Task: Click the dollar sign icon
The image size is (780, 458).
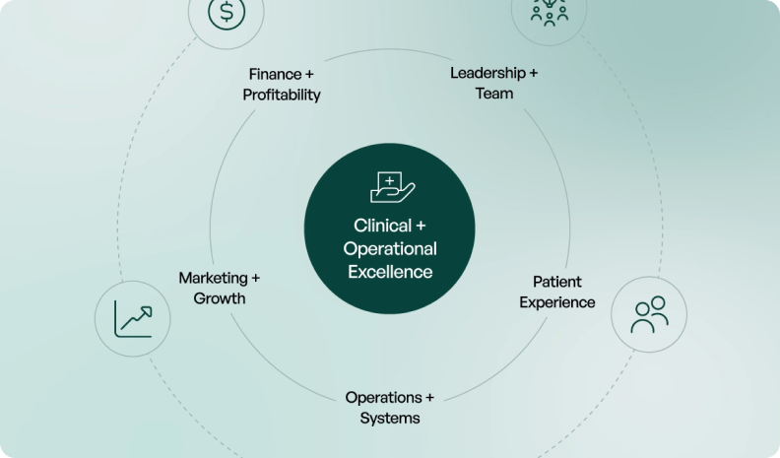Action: pos(227,13)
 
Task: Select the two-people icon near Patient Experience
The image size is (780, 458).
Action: pos(649,315)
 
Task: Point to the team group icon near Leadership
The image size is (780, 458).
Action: pos(549,10)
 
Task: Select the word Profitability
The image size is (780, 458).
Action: pos(282,95)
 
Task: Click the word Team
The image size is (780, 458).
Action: pos(494,94)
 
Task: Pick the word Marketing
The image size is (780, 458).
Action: pos(213,278)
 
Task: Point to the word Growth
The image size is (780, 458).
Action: pos(220,298)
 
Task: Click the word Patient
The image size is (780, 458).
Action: pos(557,282)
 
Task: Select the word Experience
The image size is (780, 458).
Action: pos(557,302)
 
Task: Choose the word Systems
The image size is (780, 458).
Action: pos(389,418)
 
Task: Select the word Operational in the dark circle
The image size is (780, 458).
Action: pos(390,248)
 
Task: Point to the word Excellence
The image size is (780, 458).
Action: pos(390,271)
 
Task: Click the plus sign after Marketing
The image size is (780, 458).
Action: pos(255,278)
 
